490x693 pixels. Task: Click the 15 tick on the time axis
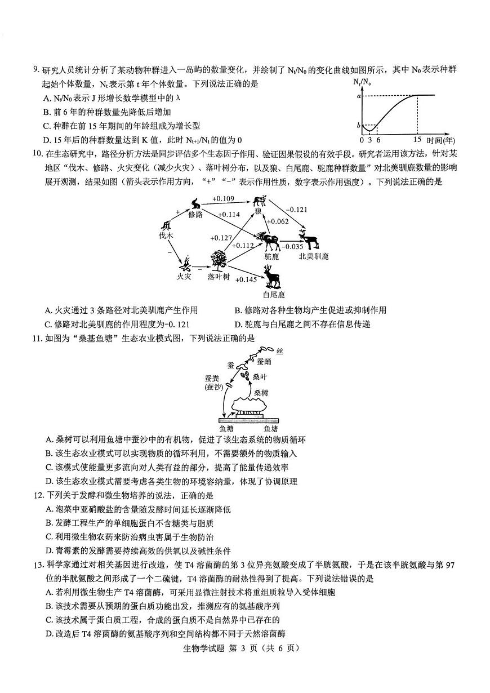pos(417,139)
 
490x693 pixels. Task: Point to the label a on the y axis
pos(358,96)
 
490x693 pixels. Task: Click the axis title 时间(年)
pos(441,139)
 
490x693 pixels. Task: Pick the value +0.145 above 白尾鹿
pos(247,279)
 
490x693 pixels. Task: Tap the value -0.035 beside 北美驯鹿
pos(292,246)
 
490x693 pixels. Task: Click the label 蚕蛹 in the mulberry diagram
pos(264,362)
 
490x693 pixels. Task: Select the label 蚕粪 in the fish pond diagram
pos(213,379)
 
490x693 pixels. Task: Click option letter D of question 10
pos(238,325)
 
